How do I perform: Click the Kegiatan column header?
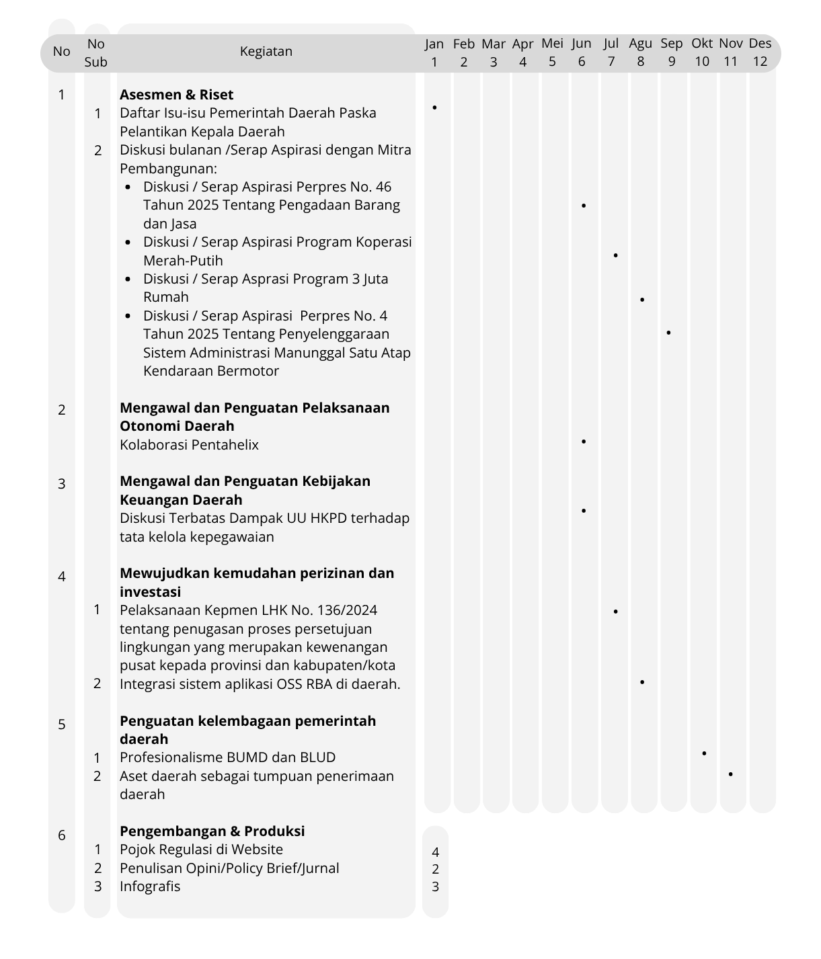click(x=266, y=51)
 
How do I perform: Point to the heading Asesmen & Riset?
click(x=176, y=95)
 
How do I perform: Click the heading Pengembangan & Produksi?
click(x=212, y=831)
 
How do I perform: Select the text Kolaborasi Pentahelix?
click(x=189, y=445)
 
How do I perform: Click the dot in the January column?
click(x=435, y=108)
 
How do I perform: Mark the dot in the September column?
click(x=668, y=333)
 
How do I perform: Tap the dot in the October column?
click(x=704, y=753)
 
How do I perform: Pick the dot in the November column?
click(x=731, y=774)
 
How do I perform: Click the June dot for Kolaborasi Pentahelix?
click(x=584, y=442)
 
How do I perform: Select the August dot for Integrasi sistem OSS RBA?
click(x=642, y=682)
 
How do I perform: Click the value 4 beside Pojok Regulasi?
click(x=436, y=852)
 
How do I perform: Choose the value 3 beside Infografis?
click(x=436, y=886)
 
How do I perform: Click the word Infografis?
click(x=150, y=886)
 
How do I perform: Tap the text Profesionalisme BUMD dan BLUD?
click(x=227, y=757)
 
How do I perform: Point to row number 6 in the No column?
click(x=62, y=835)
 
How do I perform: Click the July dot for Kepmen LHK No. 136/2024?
click(x=615, y=612)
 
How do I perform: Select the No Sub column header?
click(x=96, y=52)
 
